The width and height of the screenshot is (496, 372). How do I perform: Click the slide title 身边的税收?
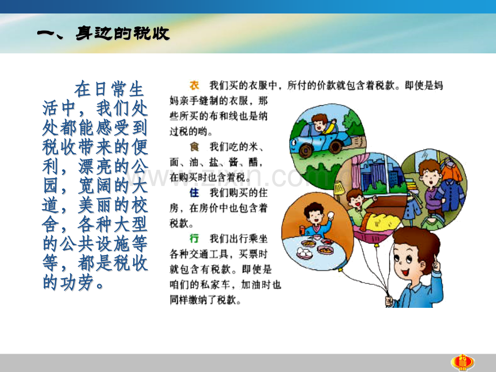[123, 33]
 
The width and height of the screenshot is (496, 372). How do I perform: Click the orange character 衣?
[194, 85]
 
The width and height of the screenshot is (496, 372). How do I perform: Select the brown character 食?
[194, 147]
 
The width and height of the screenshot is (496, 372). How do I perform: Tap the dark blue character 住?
[194, 192]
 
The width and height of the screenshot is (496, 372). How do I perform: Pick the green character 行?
[194, 238]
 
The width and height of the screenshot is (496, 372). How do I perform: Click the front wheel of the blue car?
[306, 150]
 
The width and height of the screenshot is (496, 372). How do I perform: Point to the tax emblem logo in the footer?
[463, 363]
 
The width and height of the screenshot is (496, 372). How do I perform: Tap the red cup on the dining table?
[302, 230]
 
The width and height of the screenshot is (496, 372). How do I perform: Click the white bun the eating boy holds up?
[330, 216]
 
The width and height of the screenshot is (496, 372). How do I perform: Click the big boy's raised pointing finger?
[436, 261]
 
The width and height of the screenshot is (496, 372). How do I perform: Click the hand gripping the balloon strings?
[389, 300]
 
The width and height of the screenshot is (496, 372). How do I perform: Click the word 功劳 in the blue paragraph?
[78, 283]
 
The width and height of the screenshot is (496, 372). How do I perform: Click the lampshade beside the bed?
[339, 188]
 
